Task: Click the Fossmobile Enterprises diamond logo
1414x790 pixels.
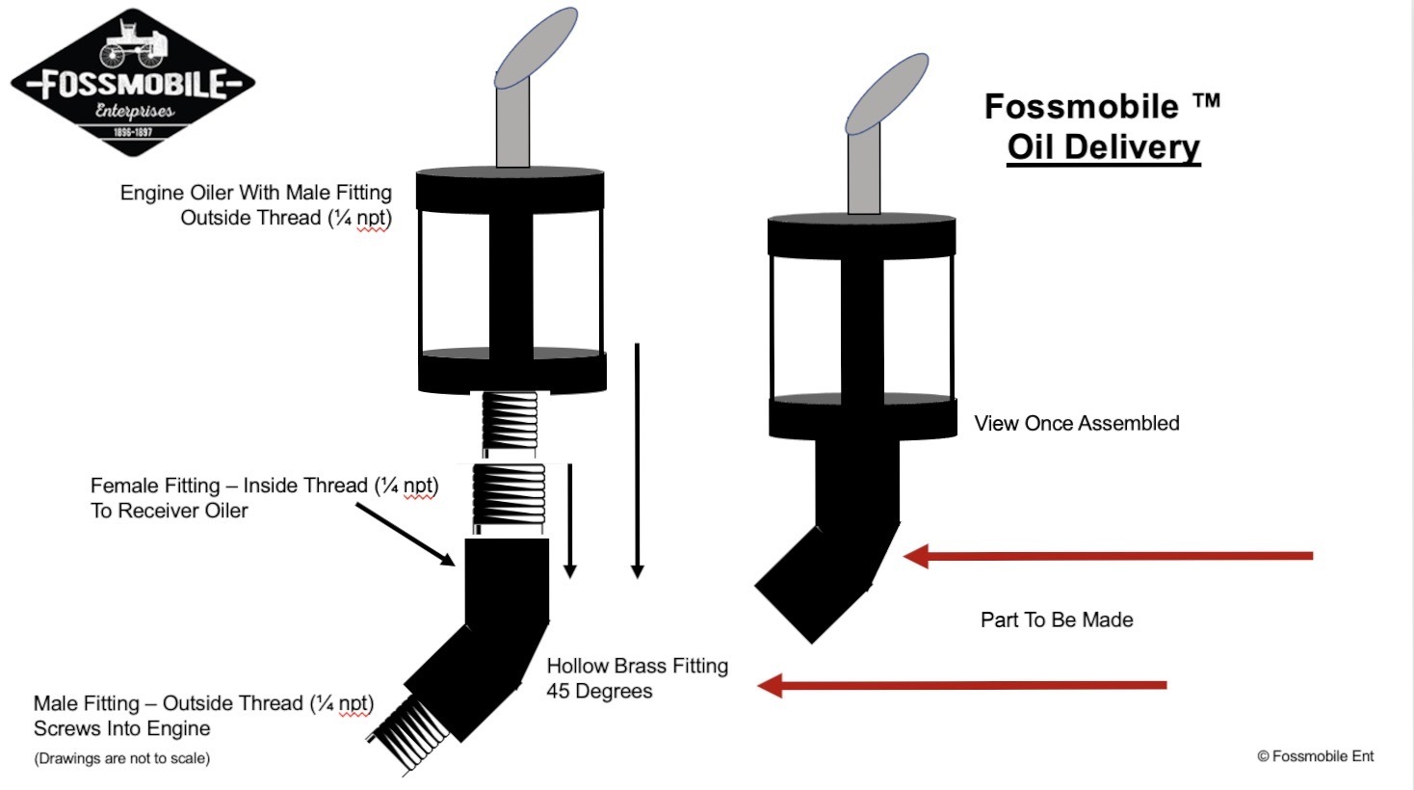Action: (133, 82)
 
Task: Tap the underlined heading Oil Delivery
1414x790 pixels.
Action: (1104, 147)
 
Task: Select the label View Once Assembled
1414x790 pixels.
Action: (1076, 423)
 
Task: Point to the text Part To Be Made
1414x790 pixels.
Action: (1057, 619)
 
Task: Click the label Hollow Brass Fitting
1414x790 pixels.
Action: (638, 666)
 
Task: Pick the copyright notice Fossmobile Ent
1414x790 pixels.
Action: (1315, 756)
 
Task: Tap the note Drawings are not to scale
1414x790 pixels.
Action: (121, 758)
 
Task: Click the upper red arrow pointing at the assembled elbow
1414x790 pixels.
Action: (1108, 556)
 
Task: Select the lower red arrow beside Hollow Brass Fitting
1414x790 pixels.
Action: (961, 685)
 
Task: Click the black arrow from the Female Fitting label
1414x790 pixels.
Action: (406, 535)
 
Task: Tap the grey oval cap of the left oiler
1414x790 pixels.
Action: (536, 48)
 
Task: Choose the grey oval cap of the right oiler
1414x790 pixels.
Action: (886, 94)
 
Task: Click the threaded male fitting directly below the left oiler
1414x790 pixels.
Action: (510, 423)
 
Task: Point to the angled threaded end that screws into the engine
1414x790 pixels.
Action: (407, 736)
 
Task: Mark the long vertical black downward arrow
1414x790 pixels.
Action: (638, 461)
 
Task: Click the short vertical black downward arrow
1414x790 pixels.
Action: (570, 521)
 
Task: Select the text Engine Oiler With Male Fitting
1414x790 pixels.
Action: (255, 193)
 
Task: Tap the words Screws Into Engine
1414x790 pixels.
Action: (121, 728)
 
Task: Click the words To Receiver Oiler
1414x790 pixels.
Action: (170, 511)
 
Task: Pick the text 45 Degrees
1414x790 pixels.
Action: (599, 691)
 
